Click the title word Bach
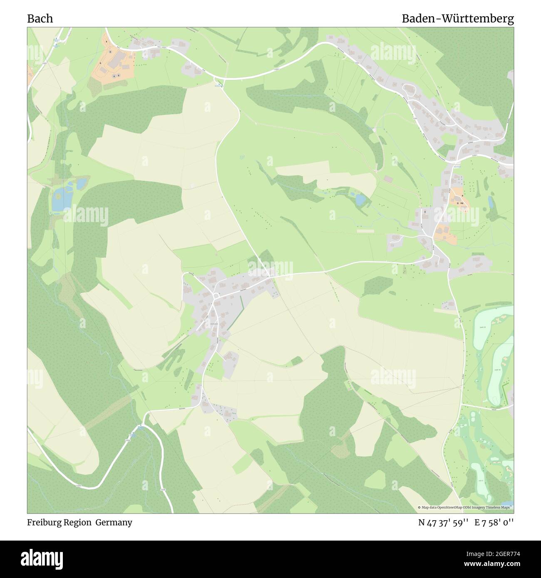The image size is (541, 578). [x=40, y=19]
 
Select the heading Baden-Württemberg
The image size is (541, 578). [x=457, y=19]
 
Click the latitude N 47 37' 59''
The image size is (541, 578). [x=443, y=523]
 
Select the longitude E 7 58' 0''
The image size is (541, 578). [x=494, y=523]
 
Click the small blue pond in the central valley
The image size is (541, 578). [x=360, y=200]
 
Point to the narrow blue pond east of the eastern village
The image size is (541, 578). [x=491, y=203]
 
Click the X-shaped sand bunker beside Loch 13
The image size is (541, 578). [x=498, y=321]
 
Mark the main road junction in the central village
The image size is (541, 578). [x=215, y=296]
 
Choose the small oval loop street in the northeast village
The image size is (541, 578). [x=409, y=89]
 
